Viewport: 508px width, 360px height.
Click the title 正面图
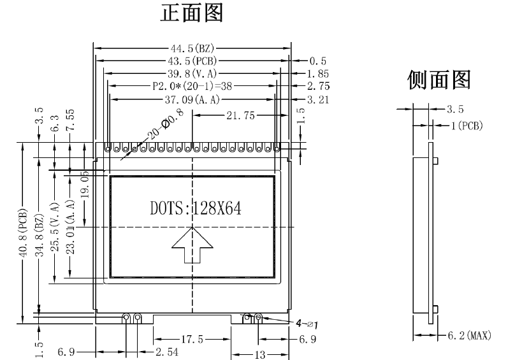(x=191, y=13)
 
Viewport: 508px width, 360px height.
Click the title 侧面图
(x=439, y=80)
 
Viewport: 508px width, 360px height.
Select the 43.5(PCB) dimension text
(x=192, y=61)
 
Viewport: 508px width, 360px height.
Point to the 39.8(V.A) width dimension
(x=192, y=73)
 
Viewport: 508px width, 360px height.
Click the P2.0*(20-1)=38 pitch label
(x=192, y=86)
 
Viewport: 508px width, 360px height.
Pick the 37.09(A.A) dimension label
(x=192, y=99)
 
